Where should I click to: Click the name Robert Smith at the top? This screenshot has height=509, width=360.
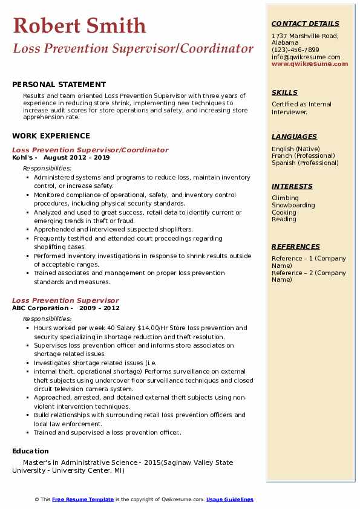coord(79,25)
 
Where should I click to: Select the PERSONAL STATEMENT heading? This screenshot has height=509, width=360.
coord(59,85)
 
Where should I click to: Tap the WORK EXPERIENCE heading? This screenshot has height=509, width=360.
coord(51,136)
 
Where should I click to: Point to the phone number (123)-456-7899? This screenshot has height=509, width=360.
coord(295,50)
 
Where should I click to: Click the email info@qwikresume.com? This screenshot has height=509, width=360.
coord(306,57)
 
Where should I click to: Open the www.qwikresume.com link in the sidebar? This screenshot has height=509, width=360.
coord(306,63)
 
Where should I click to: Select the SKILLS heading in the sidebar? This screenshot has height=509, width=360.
coord(284,92)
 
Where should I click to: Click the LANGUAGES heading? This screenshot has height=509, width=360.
coord(294,137)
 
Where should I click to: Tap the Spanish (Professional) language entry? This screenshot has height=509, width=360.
coord(305,163)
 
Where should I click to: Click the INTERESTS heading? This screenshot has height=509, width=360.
coord(292,186)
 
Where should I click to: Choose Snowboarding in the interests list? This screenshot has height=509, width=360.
coord(293,206)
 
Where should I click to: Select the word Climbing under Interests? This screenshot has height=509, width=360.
coord(285,198)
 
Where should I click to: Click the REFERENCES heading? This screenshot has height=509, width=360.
coord(296,247)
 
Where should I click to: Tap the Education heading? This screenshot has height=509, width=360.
coord(30,451)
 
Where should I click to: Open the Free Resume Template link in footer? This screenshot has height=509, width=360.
coord(83,499)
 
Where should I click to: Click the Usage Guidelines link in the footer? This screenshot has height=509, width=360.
coord(230,499)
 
